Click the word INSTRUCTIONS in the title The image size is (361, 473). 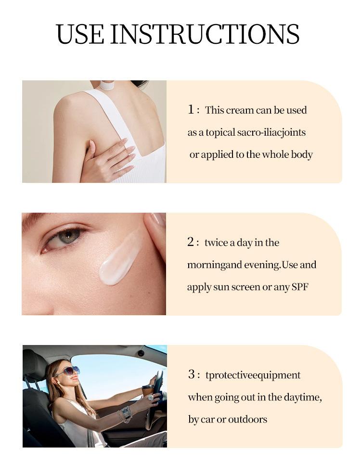[205, 34]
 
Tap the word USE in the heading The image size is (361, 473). [80, 34]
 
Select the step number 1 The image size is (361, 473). [191, 109]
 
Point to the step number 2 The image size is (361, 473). [191, 242]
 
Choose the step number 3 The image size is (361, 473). [192, 374]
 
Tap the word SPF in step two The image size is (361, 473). [300, 287]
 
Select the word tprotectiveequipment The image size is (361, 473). [253, 375]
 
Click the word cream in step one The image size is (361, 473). [240, 110]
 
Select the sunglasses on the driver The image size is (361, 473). [69, 371]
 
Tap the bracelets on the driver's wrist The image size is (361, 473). [125, 413]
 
